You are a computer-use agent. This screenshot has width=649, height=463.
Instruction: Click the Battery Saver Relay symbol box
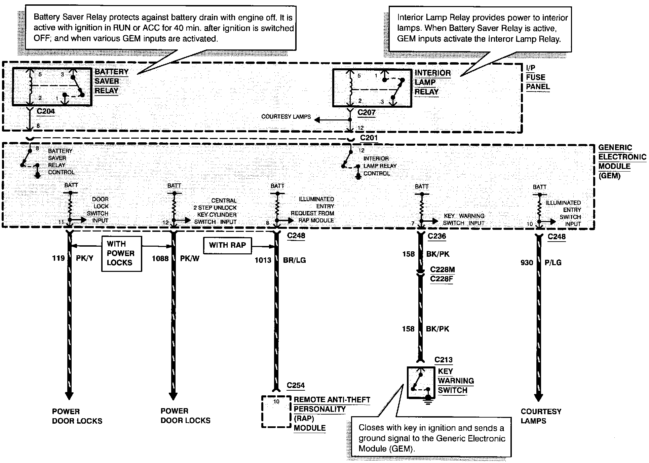point(52,87)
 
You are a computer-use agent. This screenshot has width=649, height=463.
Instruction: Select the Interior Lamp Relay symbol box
point(372,88)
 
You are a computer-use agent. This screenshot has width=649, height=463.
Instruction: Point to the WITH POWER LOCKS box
point(121,253)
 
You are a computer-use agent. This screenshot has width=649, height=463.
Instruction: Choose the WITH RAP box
point(227,245)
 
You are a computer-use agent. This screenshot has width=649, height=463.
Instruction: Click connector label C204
point(46,111)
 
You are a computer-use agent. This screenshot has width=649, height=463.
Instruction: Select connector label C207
point(366,112)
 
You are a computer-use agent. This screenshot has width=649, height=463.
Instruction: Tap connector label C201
point(369,138)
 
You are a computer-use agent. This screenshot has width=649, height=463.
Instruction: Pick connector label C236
point(436,236)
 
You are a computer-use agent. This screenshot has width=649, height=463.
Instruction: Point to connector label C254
point(296,386)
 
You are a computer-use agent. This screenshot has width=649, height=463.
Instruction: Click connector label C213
point(443,360)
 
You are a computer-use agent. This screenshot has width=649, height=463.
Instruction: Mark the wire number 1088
point(160,258)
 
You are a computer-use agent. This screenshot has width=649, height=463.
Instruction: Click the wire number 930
point(527,262)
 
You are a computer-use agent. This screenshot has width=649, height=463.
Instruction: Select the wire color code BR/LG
point(295,260)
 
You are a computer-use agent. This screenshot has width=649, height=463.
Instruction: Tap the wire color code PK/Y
point(84,258)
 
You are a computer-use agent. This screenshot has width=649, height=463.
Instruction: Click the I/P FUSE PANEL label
point(537,77)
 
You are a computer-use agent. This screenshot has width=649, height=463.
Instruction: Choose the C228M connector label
point(442,270)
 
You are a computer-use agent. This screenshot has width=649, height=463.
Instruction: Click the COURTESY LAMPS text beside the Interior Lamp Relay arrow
point(286,117)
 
